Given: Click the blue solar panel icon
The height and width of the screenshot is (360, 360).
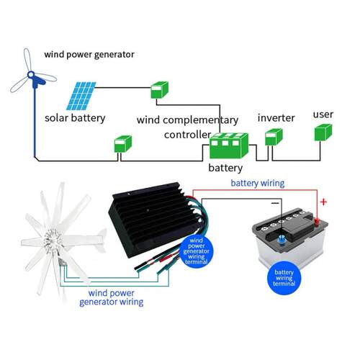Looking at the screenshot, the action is coord(81,96).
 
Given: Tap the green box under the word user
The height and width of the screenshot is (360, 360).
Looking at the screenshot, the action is coord(323,132).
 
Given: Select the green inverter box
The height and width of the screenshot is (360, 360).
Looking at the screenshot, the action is coord(274,137).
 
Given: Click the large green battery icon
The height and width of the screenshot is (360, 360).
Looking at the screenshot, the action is coord(229,145).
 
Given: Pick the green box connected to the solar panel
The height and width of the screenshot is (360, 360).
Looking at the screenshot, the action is coord(160,90).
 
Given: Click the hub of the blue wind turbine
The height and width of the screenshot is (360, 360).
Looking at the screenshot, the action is coord(31,75).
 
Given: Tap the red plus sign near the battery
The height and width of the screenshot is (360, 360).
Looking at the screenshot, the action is coord(323,202).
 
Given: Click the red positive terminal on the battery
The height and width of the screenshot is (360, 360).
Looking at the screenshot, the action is coord(317,222).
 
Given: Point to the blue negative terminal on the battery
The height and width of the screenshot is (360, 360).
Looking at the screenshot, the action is coord(282,240).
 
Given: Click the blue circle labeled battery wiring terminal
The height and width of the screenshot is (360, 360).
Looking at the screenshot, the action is coord(284,278).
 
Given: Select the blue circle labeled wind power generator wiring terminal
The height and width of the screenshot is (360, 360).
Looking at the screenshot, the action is coord(197,251).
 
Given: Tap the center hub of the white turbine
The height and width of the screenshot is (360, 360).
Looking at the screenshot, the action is coord(52,237).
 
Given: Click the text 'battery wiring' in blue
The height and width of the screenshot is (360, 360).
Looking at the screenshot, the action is coord(258,183).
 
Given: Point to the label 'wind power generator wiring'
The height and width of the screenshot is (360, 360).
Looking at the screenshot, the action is coord(112,297).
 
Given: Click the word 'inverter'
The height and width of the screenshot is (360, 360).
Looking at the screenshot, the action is coord(276,118).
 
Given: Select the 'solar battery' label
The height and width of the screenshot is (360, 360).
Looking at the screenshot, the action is coord(75,118).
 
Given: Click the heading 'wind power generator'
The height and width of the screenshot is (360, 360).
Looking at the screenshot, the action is coord(89,55).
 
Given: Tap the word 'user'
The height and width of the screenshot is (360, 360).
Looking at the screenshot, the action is coord(323,114).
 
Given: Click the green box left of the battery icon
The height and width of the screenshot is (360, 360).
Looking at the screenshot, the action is coord(123,144).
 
